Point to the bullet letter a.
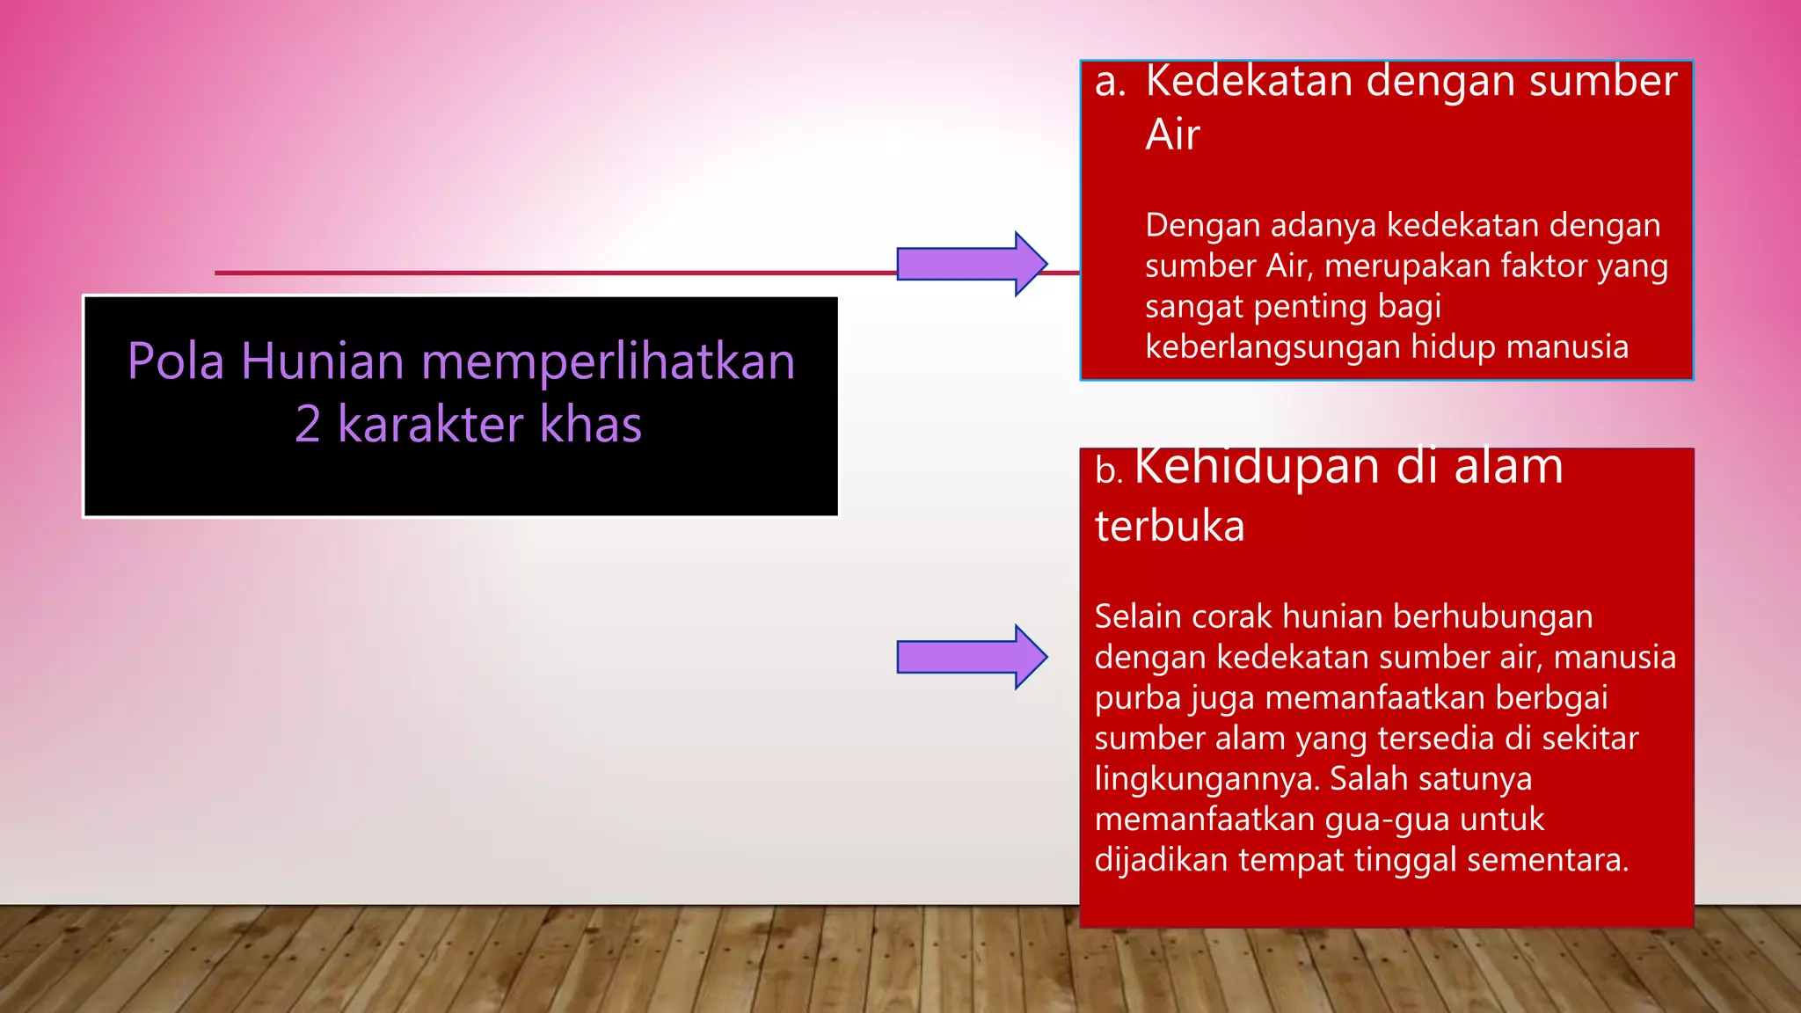1110,82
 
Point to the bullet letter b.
1108,471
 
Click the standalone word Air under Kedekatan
1172,135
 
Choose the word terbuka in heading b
1170,527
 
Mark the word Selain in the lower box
1139,617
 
